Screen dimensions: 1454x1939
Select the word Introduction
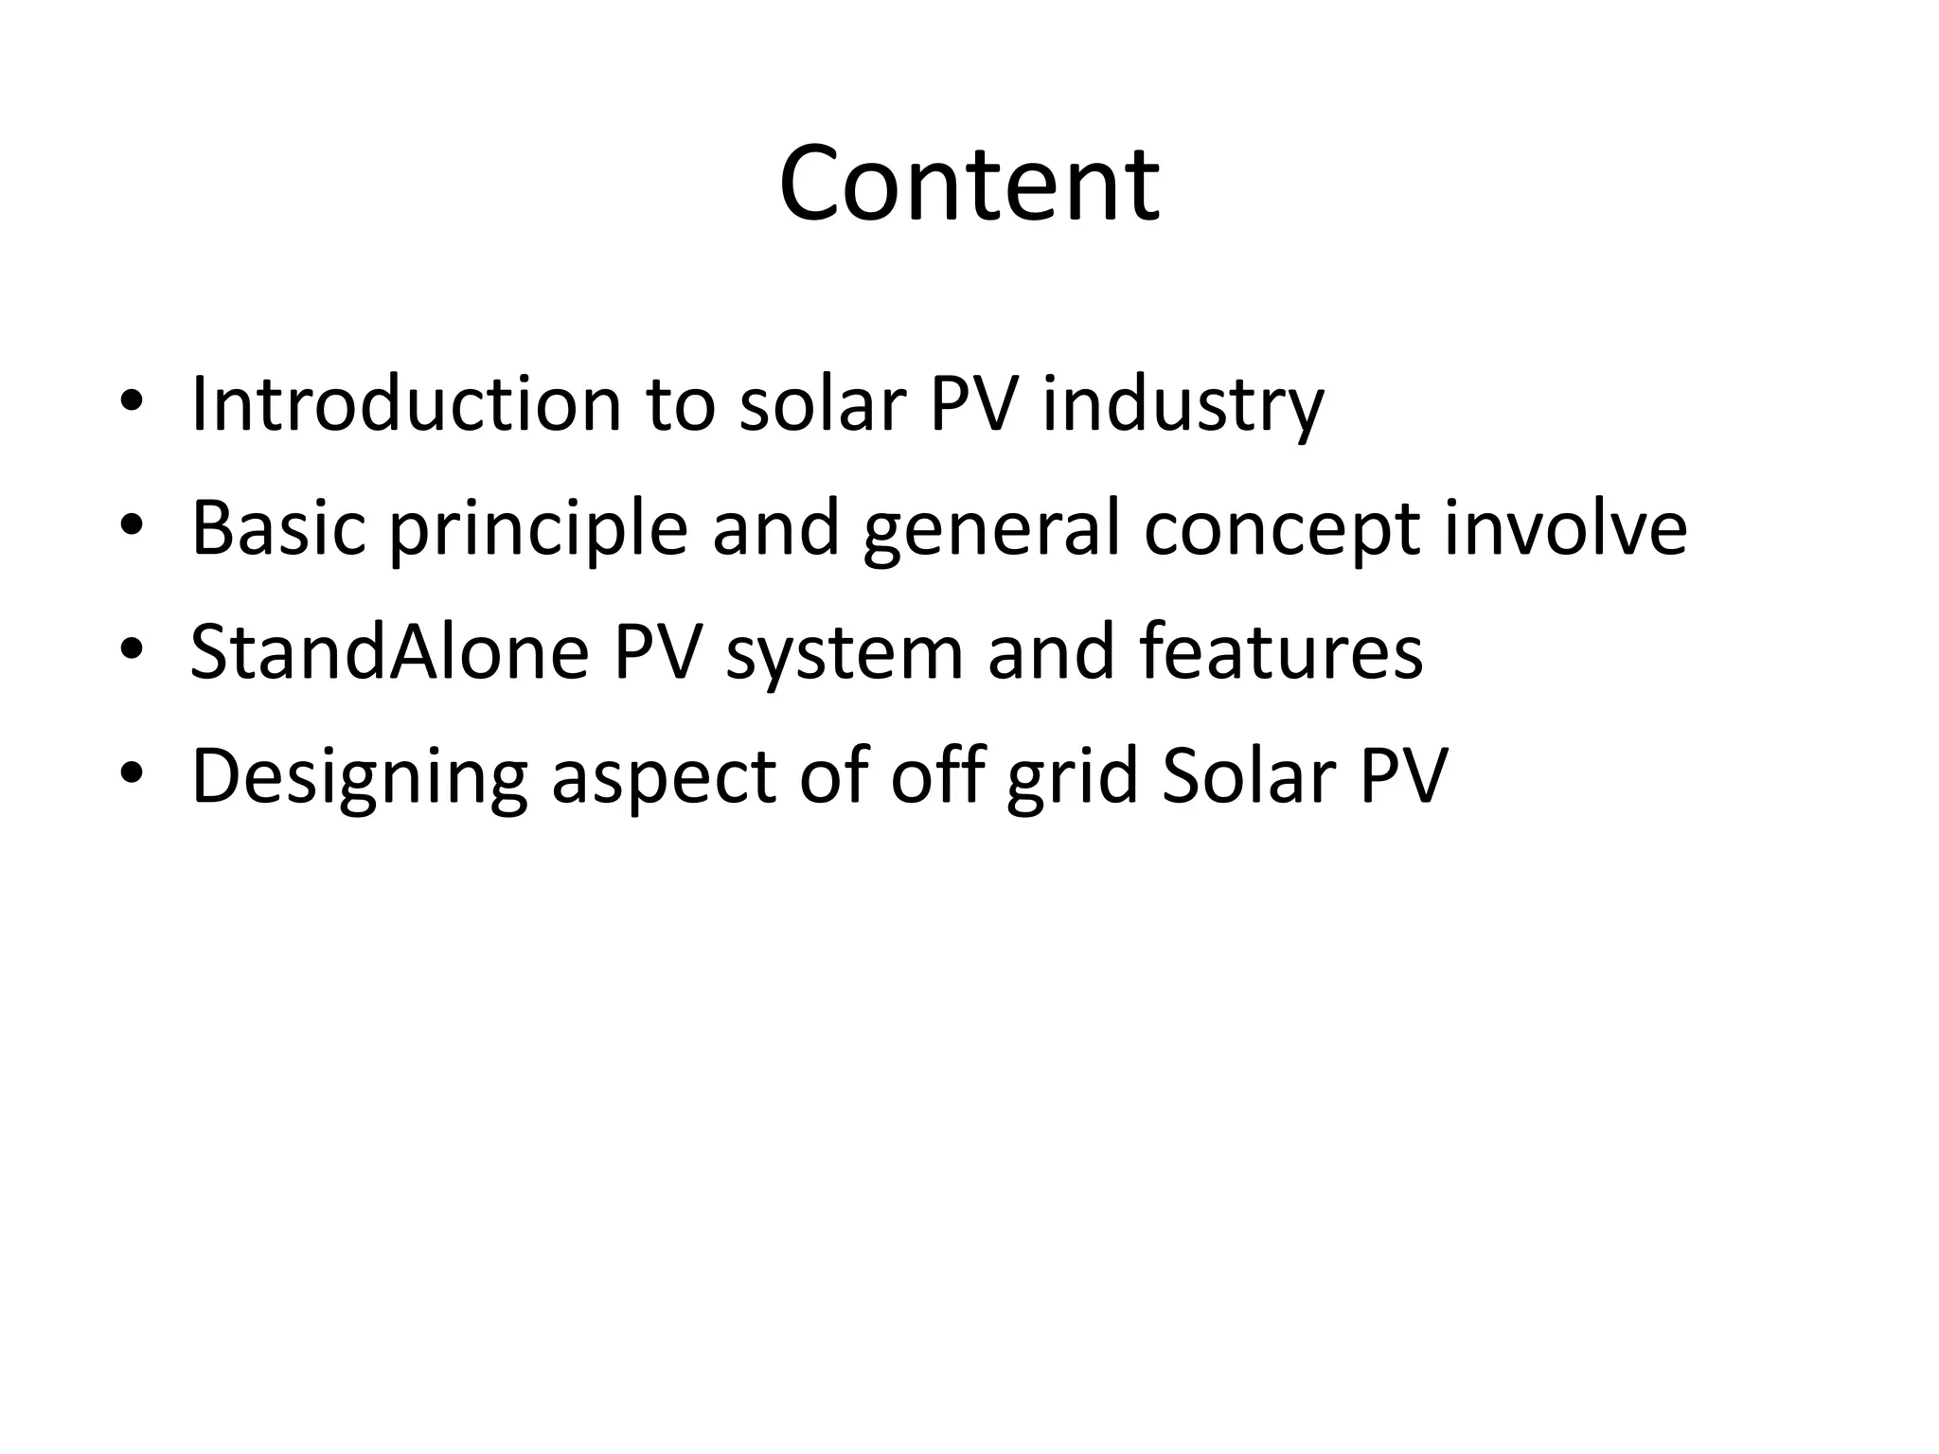click(x=406, y=404)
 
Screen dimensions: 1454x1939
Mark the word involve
click(x=1565, y=527)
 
